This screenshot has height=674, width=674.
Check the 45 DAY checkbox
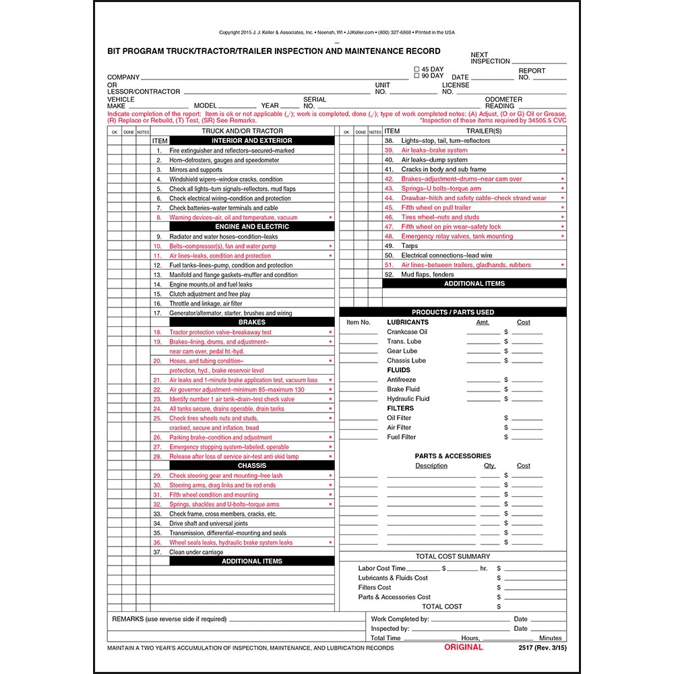coord(417,69)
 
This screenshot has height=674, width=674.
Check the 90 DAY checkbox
coord(417,76)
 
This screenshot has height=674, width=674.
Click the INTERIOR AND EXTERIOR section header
coord(252,141)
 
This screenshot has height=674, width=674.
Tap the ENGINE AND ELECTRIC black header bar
coord(252,227)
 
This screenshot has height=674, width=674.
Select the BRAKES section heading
coord(252,323)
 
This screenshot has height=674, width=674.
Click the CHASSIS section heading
coord(252,466)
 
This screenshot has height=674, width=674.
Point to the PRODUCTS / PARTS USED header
coord(452,313)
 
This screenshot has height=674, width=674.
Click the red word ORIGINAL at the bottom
coord(463,647)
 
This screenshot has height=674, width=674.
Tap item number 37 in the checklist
coord(157,552)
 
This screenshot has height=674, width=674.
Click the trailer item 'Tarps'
coord(410,246)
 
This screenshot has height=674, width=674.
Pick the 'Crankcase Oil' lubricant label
coord(407,332)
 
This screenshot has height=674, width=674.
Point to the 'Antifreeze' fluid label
coord(402,380)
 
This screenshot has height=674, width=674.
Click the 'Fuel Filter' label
coord(402,437)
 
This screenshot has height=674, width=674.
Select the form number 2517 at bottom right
coord(528,648)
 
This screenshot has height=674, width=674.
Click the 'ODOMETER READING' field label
coord(503,102)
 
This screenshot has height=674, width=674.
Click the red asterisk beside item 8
coord(330,218)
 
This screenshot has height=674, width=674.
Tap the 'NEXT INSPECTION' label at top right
coord(490,58)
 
